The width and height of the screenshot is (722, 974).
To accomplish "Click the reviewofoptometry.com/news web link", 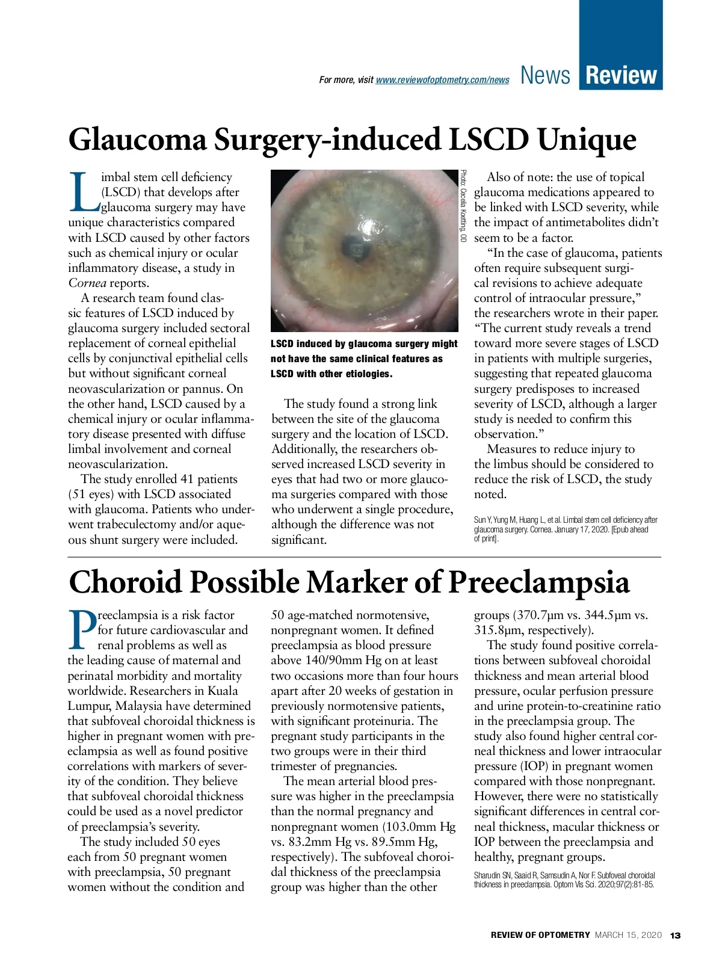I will click(x=442, y=80).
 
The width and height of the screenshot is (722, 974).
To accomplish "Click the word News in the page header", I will click(x=545, y=75).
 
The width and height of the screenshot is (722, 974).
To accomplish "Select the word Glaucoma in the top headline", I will click(x=138, y=140).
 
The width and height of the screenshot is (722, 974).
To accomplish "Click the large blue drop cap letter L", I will click(x=84, y=193).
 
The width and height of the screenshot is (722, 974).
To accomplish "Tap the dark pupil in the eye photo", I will click(x=352, y=244).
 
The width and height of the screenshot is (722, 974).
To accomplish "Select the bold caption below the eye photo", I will click(x=364, y=359).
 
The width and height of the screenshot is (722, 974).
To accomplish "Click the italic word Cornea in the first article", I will click(x=87, y=283).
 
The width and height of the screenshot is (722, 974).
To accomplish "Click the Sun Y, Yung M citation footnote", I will click(x=566, y=529).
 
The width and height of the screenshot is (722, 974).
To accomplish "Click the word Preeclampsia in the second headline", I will click(x=540, y=582).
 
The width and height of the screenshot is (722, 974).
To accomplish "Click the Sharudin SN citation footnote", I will click(x=564, y=880).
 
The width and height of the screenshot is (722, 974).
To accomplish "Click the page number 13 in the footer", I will click(x=675, y=935).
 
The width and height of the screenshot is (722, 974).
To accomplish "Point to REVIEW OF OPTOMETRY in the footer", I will click(x=540, y=935).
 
